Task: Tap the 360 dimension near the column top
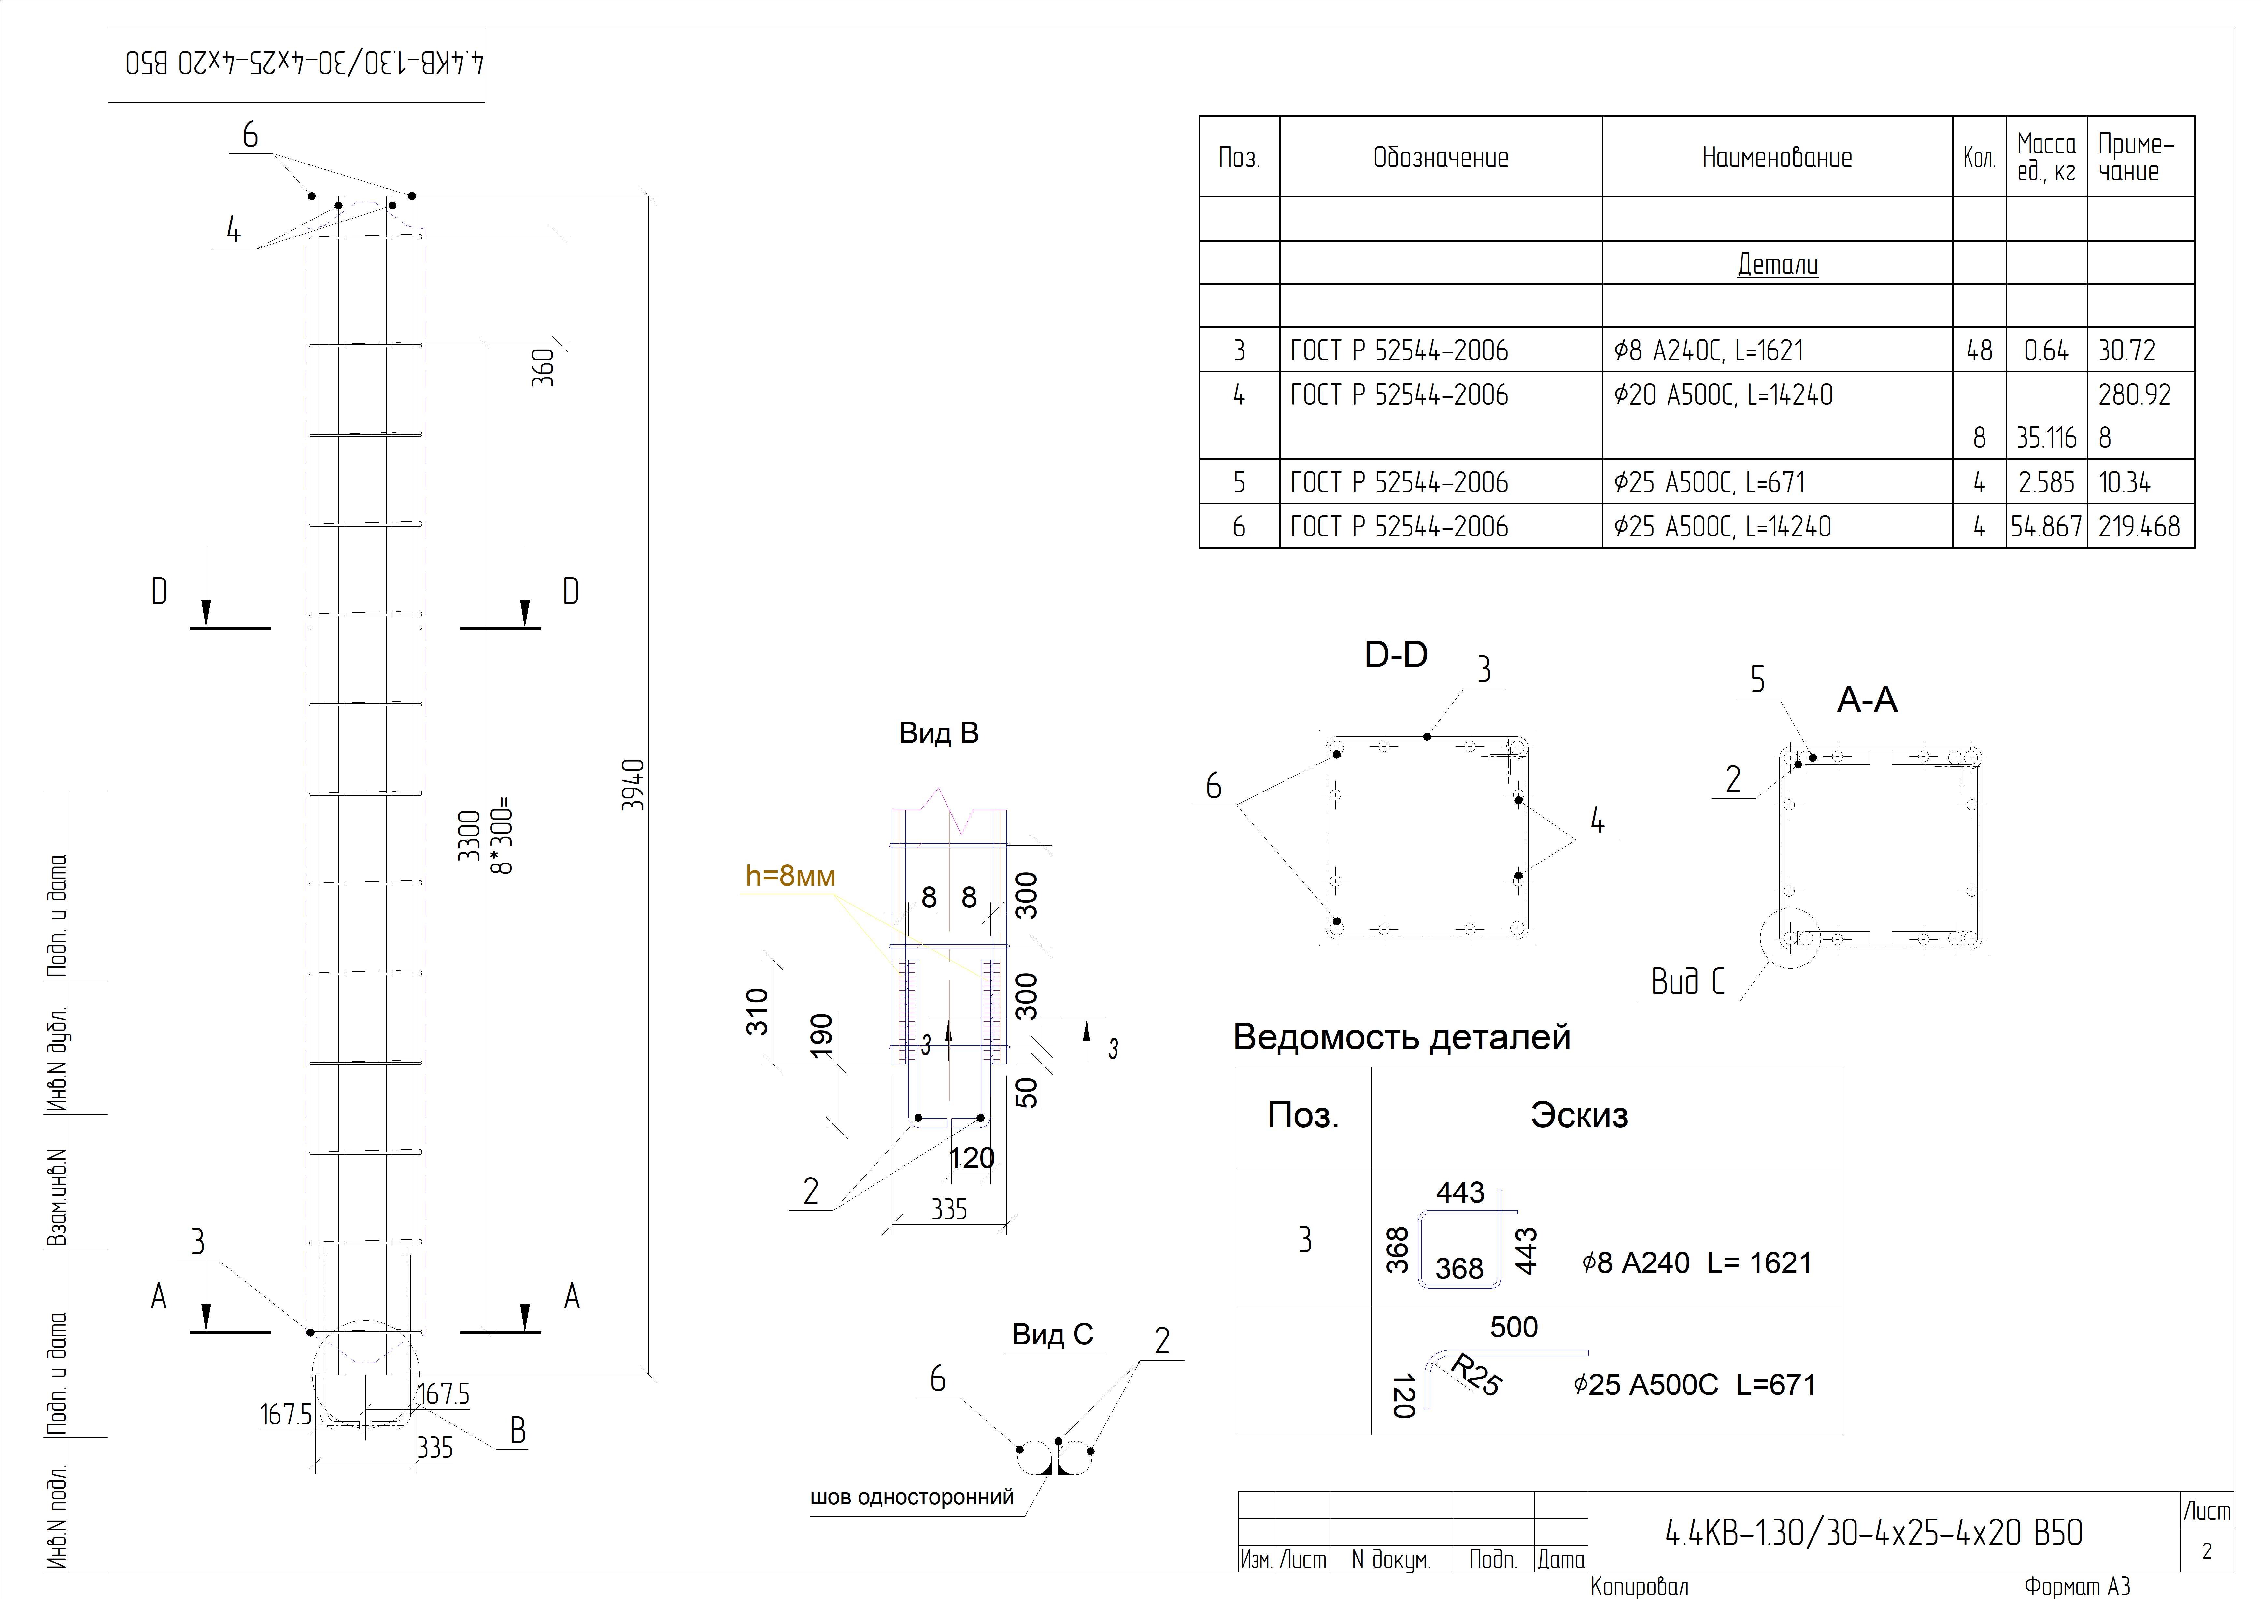coord(543,367)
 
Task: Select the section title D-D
coord(1395,655)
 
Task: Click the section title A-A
coord(1867,700)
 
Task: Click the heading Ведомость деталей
coord(1402,1037)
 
